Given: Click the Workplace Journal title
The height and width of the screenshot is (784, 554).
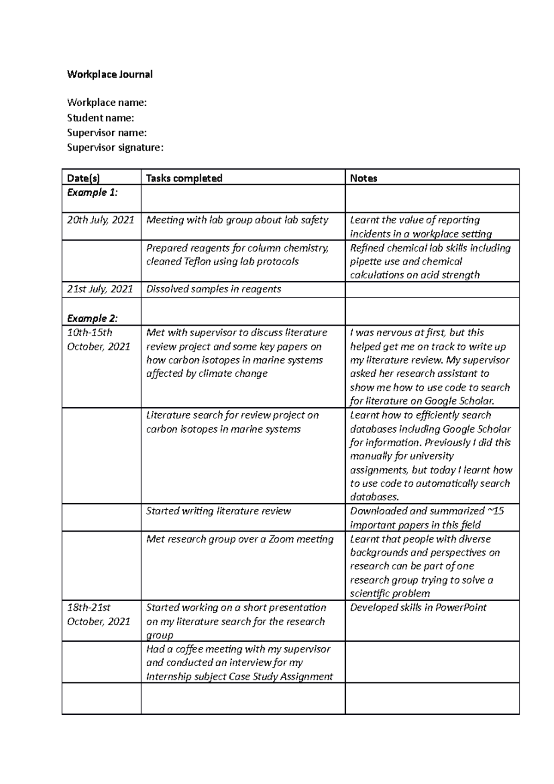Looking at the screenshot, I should [x=110, y=74].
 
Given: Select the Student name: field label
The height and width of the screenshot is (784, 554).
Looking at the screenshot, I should [x=101, y=118].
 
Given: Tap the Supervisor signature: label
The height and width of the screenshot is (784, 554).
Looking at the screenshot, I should [x=115, y=147].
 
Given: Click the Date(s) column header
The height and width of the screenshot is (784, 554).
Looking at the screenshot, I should [x=84, y=178].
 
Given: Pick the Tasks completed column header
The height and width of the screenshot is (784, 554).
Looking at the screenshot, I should [x=184, y=178].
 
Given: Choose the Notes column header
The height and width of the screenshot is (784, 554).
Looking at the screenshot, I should [x=364, y=178].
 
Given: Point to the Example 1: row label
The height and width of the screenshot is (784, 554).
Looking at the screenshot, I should [x=92, y=193].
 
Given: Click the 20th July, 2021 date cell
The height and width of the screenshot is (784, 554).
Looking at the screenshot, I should [x=101, y=220].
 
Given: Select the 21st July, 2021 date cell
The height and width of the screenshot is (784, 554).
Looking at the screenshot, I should [x=100, y=289].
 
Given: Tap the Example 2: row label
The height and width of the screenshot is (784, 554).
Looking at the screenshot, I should [x=92, y=318].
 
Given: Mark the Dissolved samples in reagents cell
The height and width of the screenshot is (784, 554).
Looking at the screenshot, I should [x=213, y=289].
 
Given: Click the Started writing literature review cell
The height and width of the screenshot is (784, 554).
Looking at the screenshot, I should [x=218, y=511].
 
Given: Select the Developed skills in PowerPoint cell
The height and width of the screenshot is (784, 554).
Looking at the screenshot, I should [x=418, y=608].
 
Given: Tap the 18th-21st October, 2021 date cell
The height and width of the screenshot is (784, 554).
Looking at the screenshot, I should [x=98, y=615].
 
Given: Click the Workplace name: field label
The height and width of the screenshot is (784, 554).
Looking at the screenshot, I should [x=107, y=102].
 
